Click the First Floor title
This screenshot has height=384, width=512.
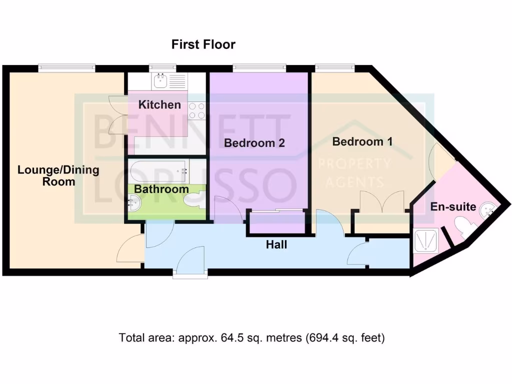(x=203, y=44)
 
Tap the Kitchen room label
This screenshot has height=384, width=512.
(x=159, y=105)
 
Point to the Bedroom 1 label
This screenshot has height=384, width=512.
(x=362, y=141)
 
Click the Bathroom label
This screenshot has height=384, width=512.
(x=161, y=189)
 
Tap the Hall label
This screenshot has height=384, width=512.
(x=276, y=244)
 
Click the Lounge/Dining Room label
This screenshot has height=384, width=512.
(x=58, y=175)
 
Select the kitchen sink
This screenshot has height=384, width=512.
(x=161, y=81)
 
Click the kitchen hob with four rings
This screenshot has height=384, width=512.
(x=197, y=110)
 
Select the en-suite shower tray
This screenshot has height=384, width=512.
(x=426, y=240)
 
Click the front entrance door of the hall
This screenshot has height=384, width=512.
(x=190, y=262)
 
